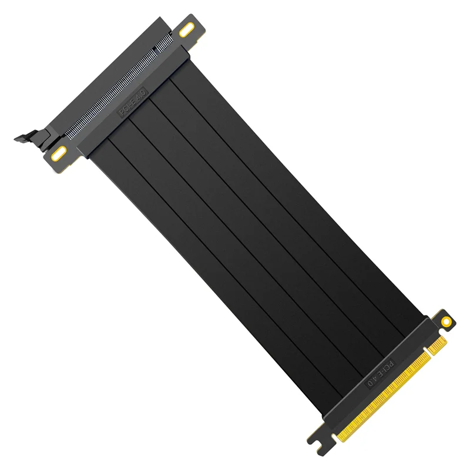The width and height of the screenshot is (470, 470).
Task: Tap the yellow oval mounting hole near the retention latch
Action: click(59, 153)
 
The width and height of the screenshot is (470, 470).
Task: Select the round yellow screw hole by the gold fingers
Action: click(446, 322)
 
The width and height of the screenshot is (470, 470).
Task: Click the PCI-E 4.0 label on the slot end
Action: click(133, 102)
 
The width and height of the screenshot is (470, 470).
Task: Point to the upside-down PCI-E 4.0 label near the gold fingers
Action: click(380, 373)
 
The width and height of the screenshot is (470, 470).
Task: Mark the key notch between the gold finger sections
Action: click(428, 351)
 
